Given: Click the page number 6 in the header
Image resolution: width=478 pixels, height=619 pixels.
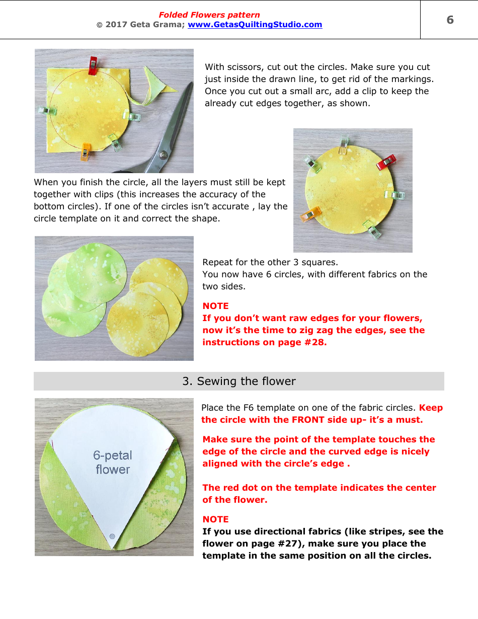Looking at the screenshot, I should pos(450,20).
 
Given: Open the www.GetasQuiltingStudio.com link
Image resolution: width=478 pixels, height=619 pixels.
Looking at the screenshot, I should pos(255,24).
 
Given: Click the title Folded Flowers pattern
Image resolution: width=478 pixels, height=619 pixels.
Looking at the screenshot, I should pos(209,15).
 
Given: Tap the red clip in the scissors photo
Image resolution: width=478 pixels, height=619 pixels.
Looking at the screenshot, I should pos(93,65).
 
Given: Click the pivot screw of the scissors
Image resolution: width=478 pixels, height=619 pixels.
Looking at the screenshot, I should pos(162,156).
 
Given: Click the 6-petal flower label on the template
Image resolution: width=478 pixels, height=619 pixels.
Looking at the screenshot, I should pos(113,462).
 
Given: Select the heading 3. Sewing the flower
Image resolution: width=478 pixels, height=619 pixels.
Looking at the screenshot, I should pos(239,381).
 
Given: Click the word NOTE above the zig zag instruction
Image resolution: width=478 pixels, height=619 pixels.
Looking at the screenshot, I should pos(215,306).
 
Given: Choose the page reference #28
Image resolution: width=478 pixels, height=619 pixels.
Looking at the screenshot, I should pos(313,342).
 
